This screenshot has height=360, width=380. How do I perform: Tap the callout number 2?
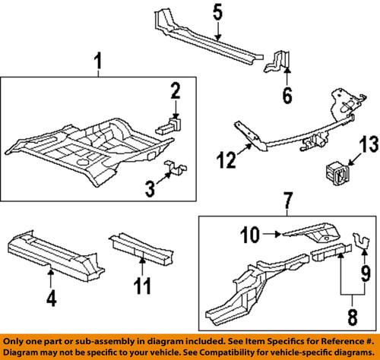[x=175, y=92]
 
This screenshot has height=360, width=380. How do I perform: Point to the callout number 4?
[x=51, y=298]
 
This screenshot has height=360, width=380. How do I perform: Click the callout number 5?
[x=217, y=13]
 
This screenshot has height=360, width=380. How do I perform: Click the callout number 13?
[x=368, y=145]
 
